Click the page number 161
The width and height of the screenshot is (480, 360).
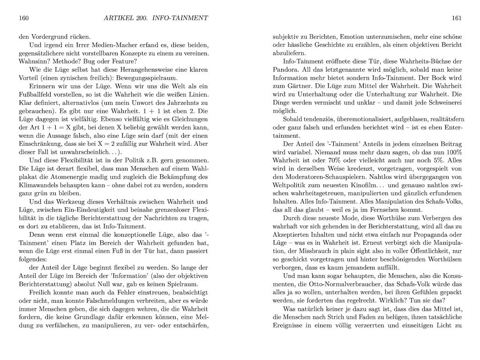pyautogui.click(x=457, y=18)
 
